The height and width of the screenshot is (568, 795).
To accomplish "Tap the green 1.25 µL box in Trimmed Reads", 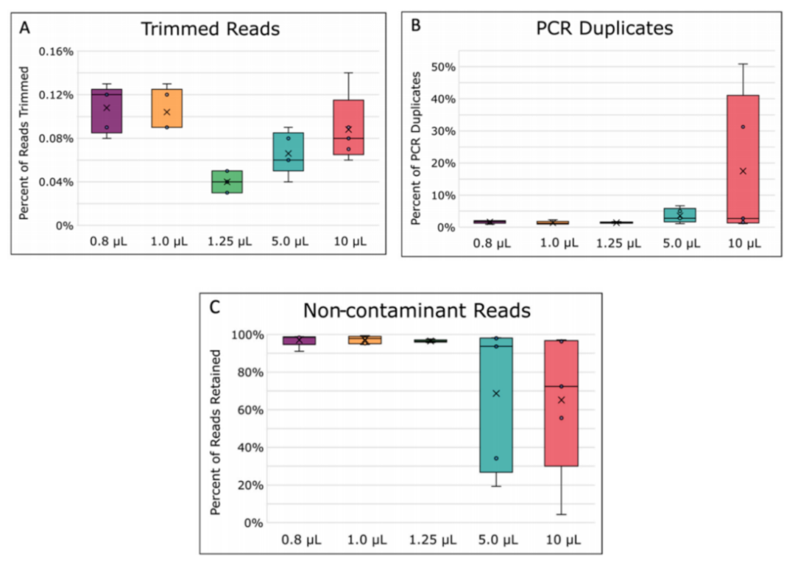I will point(227,182).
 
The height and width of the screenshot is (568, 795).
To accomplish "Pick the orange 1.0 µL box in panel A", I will point(167,108).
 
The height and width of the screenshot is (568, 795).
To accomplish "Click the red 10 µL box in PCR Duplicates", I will point(743,158).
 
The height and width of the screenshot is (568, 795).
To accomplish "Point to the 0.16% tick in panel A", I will point(57,51).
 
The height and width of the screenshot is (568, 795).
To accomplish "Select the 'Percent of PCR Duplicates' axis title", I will point(417,147).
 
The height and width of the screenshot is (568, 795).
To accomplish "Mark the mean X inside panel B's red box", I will point(743,171).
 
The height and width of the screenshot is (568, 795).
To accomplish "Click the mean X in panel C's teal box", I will point(496,393).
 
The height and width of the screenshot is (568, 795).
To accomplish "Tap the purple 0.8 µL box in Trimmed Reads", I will point(107,111).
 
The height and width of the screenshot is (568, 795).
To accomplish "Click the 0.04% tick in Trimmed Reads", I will point(57,182).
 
